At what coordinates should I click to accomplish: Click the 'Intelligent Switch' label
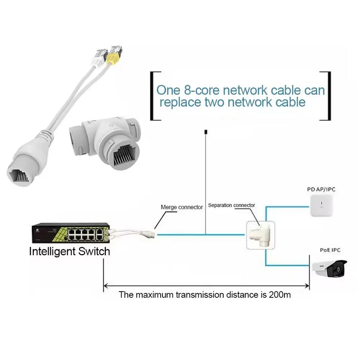coord(69,251)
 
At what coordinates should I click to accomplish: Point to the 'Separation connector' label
coord(231,205)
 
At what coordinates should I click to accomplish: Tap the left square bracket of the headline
coord(153,95)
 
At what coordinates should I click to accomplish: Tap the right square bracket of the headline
coord(327,95)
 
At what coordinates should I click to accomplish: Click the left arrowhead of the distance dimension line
coord(107,285)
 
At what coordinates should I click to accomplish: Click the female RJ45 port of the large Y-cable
coord(22,173)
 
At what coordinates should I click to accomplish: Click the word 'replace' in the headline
coord(181,103)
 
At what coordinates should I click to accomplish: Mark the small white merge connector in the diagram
coord(148,234)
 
